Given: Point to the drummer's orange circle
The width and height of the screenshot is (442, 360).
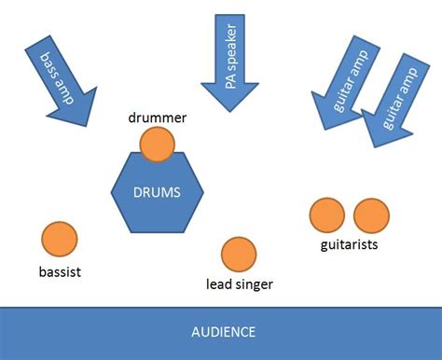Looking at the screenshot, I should pyautogui.click(x=158, y=145).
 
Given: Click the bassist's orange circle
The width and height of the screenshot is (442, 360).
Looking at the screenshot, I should pyautogui.click(x=59, y=240).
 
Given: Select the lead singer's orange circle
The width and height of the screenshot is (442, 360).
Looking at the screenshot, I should pyautogui.click(x=239, y=255).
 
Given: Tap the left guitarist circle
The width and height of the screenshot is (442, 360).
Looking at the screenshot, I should pyautogui.click(x=326, y=215).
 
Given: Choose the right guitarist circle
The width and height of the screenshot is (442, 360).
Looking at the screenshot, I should pyautogui.click(x=370, y=215).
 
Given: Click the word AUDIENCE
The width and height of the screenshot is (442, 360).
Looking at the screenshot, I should pyautogui.click(x=223, y=332).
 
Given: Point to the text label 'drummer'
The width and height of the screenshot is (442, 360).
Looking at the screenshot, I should pyautogui.click(x=159, y=118).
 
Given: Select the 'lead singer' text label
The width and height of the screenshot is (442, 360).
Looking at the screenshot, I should pyautogui.click(x=239, y=284).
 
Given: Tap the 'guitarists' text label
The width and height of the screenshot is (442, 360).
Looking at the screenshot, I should pyautogui.click(x=349, y=245).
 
